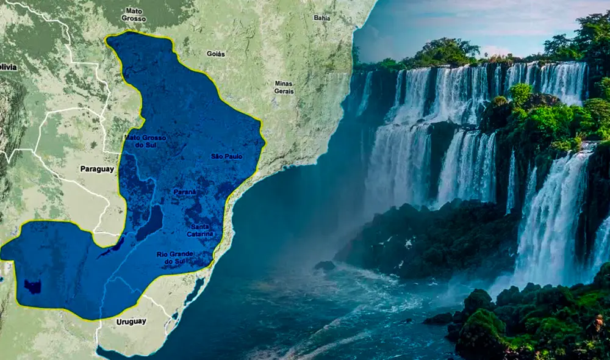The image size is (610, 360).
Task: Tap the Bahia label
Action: click(x=321, y=18)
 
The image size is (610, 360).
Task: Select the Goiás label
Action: click(x=215, y=54)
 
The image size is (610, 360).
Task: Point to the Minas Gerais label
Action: click(x=284, y=87)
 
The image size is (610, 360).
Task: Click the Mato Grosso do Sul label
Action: click(x=145, y=141)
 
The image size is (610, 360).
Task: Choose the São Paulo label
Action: click(x=226, y=156)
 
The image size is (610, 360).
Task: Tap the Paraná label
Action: click(x=184, y=192)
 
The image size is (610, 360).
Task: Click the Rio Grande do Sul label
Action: click(x=175, y=257)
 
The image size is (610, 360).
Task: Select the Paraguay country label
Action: click(x=97, y=169)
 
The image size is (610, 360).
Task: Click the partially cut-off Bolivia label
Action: click(x=8, y=67)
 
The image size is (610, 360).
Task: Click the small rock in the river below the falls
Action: click(x=325, y=265)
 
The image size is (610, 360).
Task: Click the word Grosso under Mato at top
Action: click(x=134, y=19)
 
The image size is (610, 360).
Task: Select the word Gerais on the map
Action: click(x=284, y=91)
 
